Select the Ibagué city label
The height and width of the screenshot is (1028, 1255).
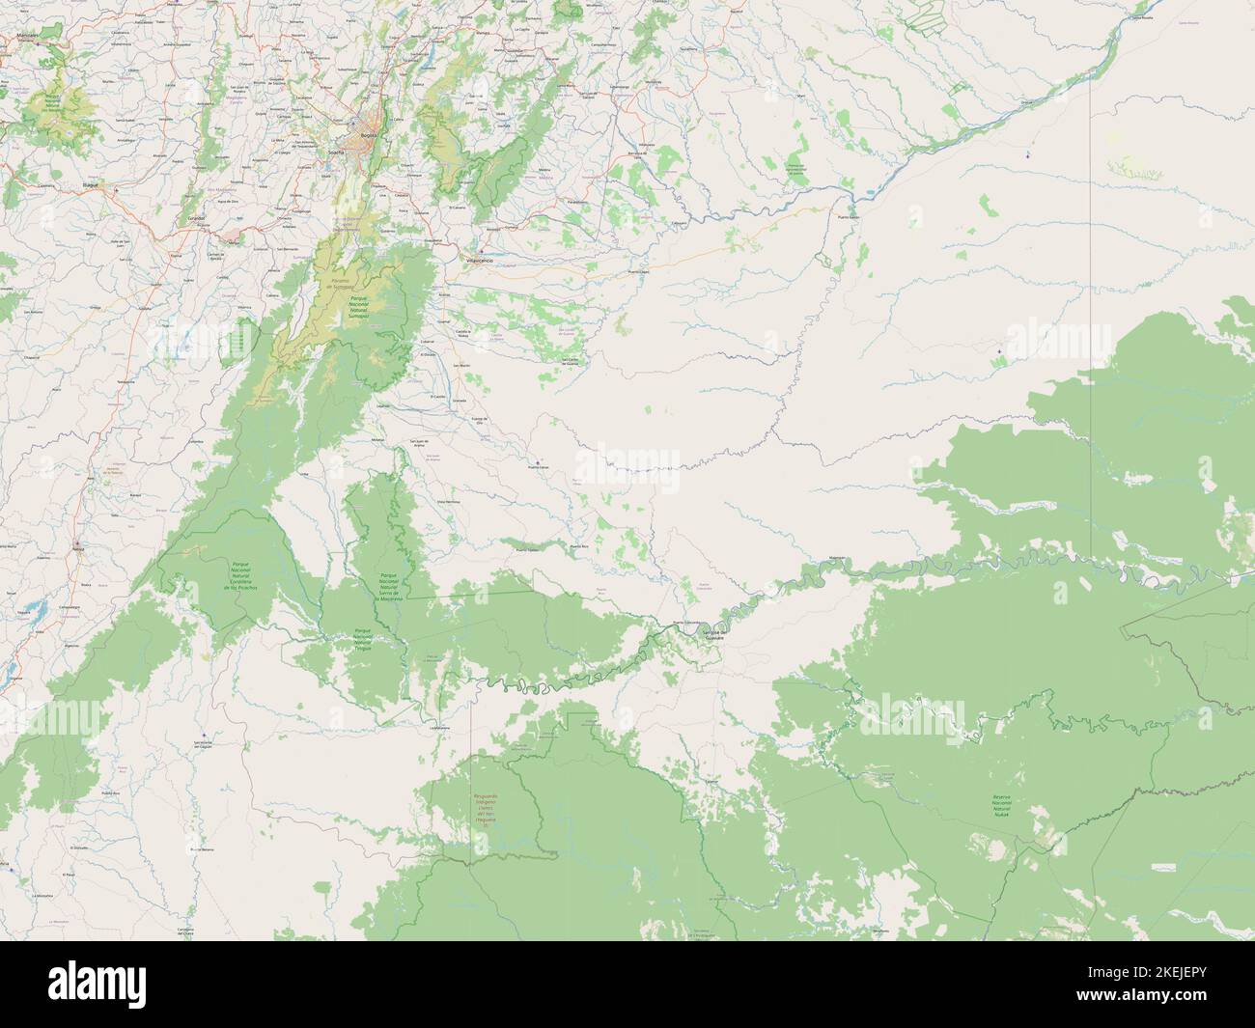(93, 182)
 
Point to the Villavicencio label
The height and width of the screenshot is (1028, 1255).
(480, 262)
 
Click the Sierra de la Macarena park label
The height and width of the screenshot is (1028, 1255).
(389, 584)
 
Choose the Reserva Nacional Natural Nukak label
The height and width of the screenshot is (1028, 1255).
(1001, 806)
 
